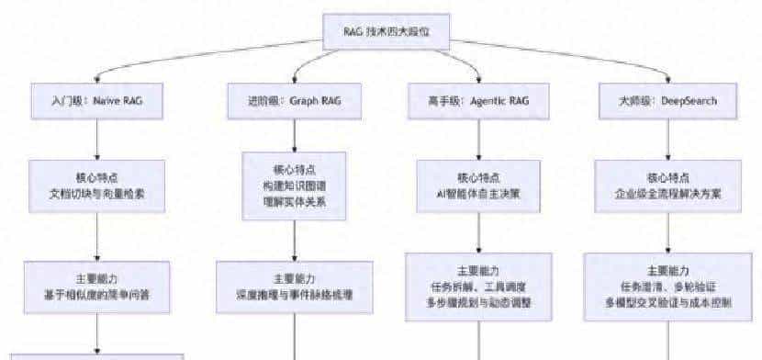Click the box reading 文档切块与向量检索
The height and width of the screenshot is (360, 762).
coord(96,186)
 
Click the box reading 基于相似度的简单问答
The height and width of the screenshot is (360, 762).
coord(96,286)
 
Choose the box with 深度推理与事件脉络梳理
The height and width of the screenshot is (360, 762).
coord(294,286)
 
